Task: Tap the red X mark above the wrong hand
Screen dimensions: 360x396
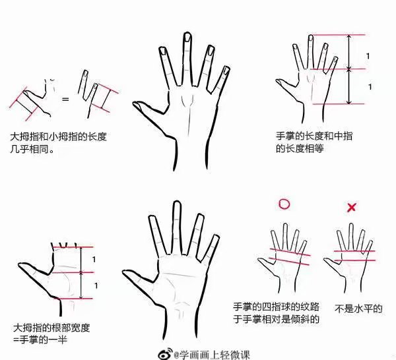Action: [x=352, y=208]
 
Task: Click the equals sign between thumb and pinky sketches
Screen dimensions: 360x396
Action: [x=65, y=99]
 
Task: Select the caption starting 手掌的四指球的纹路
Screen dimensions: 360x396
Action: [x=276, y=313]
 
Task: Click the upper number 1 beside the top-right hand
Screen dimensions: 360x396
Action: [x=369, y=55]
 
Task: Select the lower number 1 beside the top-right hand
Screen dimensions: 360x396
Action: [x=369, y=86]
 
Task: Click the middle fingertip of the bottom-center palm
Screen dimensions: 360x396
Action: [x=176, y=204]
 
